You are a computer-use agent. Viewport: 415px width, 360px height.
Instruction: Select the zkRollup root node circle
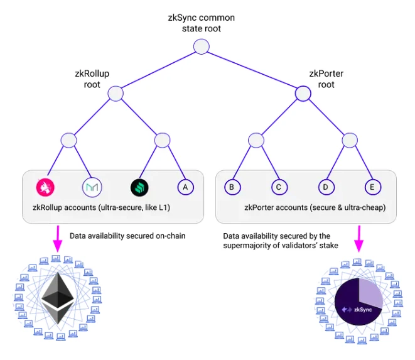(x=116, y=94)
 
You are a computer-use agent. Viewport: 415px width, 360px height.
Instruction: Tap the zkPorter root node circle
(x=303, y=94)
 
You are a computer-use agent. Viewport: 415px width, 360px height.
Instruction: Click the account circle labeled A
(x=185, y=187)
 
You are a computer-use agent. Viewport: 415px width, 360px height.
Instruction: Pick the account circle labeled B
(x=232, y=187)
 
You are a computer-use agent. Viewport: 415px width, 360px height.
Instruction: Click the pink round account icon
(x=45, y=187)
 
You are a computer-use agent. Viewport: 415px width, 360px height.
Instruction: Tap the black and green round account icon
(x=139, y=187)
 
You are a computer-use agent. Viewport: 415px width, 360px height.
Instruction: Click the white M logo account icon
(x=92, y=187)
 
